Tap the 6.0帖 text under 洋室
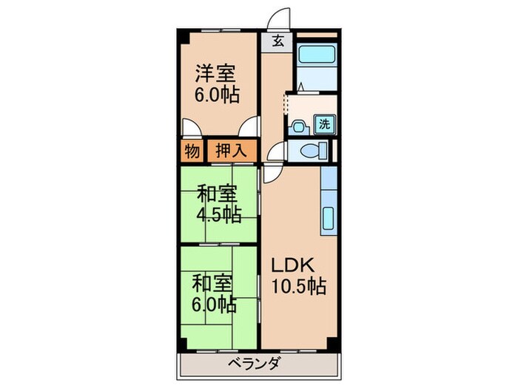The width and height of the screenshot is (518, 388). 216,96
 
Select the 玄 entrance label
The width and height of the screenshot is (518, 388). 277,41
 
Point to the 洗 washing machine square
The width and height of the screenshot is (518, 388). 324,125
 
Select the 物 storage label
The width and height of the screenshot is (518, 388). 191,152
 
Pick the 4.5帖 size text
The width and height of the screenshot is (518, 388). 217,217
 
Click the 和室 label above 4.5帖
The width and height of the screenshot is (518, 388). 217,196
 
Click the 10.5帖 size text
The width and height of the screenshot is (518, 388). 298,286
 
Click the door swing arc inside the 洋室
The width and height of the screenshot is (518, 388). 249,127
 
